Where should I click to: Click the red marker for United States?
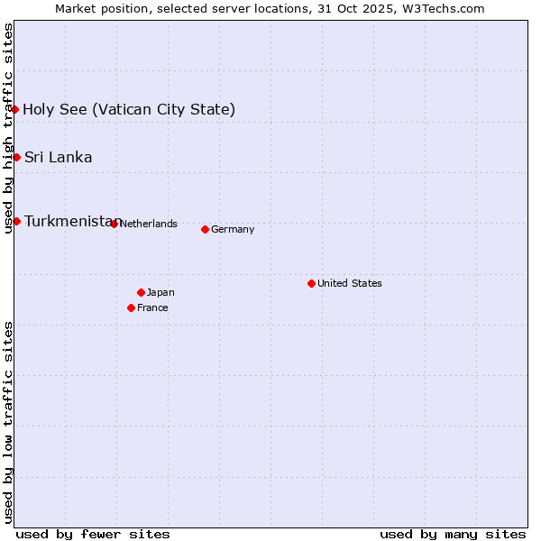(x=311, y=283)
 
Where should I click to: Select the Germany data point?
(x=205, y=229)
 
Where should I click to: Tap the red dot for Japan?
(x=141, y=292)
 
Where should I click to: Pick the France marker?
(x=132, y=307)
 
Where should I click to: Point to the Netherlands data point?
(x=114, y=224)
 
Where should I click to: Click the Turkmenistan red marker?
(x=16, y=221)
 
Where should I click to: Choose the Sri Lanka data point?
(x=16, y=157)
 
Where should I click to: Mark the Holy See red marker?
(x=15, y=109)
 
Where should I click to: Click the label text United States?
(x=350, y=283)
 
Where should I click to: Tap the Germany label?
(x=233, y=229)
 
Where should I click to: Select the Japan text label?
(x=160, y=292)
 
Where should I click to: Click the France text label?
(x=152, y=307)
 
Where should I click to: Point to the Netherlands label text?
(x=148, y=224)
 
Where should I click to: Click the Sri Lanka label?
(x=58, y=157)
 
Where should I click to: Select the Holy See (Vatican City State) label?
(x=129, y=109)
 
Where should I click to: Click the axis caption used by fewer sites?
(x=93, y=534)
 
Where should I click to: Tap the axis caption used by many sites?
(x=453, y=534)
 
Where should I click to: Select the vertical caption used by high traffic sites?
(x=8, y=128)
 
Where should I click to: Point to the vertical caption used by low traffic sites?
(x=8, y=422)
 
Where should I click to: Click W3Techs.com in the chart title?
(x=444, y=8)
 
